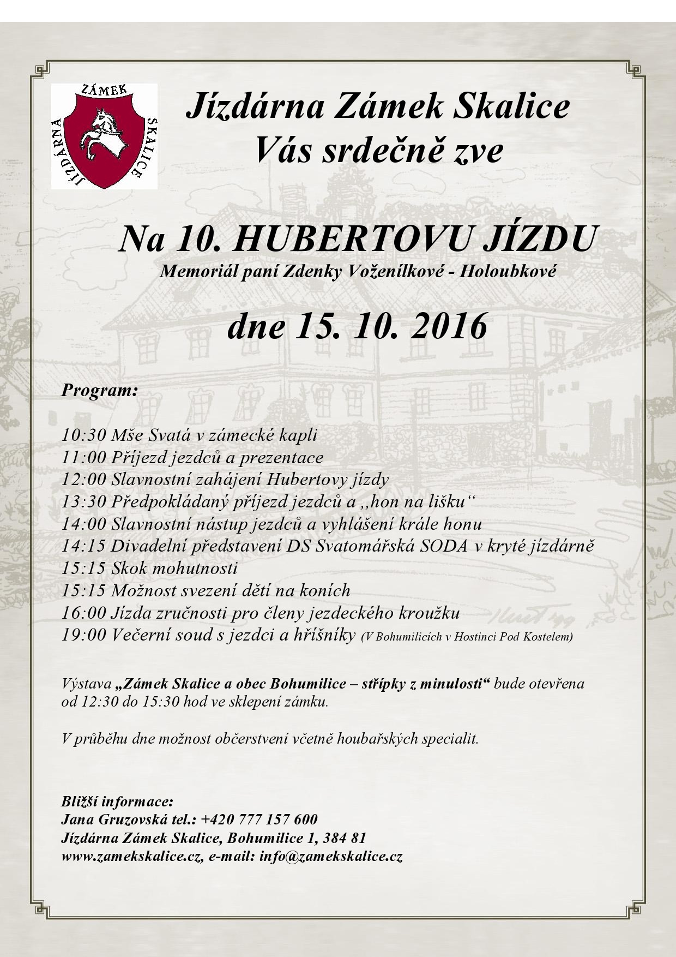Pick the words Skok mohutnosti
pos(174,569)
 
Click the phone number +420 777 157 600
pos(259,820)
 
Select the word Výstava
pos(88,684)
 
